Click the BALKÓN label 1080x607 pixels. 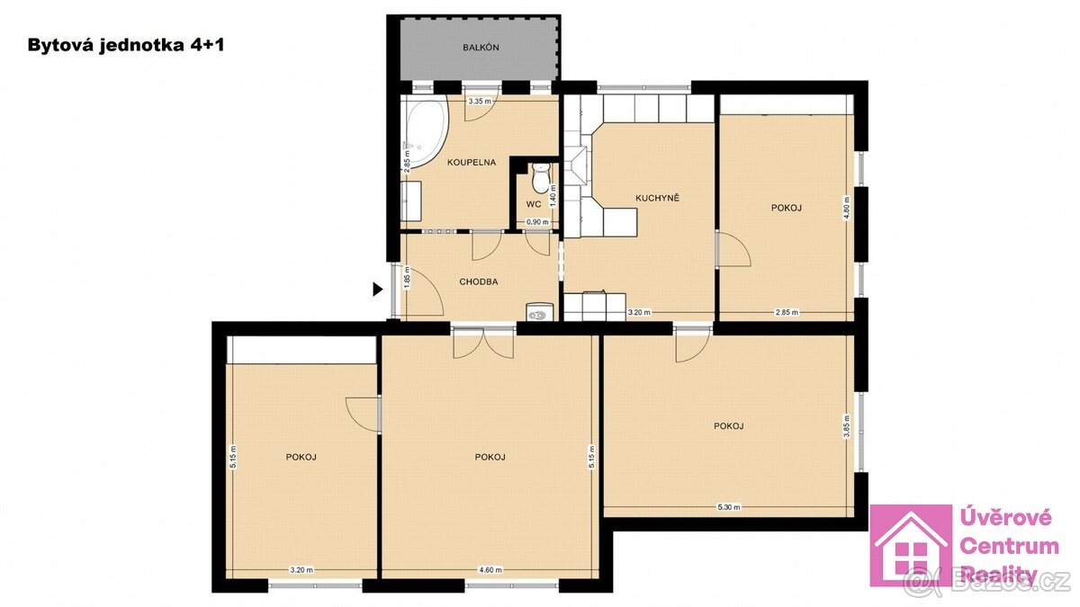point(476,48)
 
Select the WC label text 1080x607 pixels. point(533,204)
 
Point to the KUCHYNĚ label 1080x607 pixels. point(656,197)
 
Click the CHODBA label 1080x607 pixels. point(478,281)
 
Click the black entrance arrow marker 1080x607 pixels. point(378,289)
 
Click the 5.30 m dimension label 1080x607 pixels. point(728,507)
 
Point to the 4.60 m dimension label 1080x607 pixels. point(490,569)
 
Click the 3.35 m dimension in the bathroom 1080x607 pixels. point(480,102)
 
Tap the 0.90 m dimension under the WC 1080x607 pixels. point(536,222)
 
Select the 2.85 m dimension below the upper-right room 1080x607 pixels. point(787,312)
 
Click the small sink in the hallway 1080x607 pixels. point(539,313)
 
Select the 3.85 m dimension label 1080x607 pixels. point(846,424)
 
